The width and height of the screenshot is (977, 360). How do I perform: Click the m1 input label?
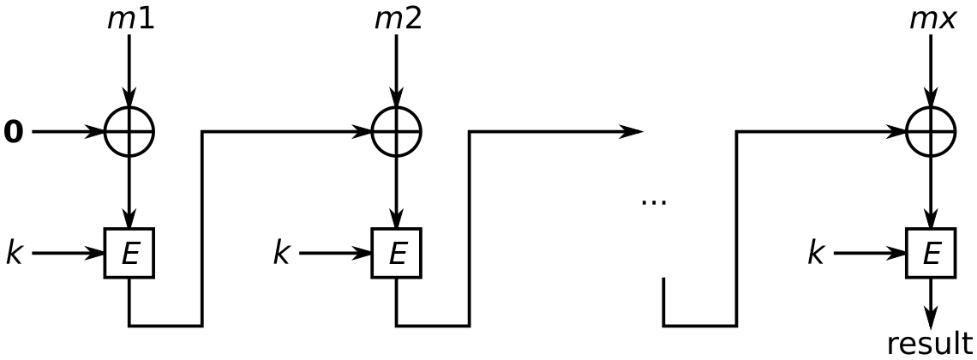(x=130, y=18)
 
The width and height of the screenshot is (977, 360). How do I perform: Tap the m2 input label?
(x=398, y=18)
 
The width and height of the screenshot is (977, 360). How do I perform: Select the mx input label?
(x=932, y=18)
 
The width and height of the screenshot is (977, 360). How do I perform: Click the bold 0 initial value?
(x=14, y=133)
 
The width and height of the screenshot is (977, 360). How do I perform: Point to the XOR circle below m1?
(x=129, y=132)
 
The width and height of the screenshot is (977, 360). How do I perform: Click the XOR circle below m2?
(x=397, y=132)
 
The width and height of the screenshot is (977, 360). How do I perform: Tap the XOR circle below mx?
(x=931, y=132)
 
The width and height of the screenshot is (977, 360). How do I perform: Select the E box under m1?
(x=129, y=254)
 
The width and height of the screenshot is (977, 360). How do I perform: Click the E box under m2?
(x=397, y=254)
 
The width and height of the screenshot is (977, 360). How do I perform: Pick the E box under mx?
(x=931, y=254)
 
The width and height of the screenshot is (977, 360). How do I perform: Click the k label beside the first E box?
(x=14, y=254)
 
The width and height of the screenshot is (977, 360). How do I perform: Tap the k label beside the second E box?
(x=281, y=254)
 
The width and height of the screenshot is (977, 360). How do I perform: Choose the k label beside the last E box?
(x=816, y=254)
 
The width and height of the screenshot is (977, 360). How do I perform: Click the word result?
(x=930, y=343)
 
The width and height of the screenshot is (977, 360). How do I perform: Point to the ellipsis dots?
(x=653, y=202)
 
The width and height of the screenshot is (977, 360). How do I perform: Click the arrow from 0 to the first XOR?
(x=69, y=133)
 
